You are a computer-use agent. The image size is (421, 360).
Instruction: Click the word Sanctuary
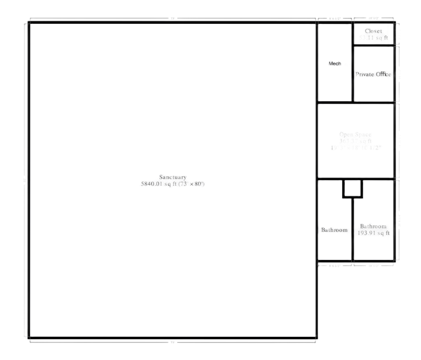173,177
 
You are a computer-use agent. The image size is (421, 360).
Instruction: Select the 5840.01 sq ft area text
159,184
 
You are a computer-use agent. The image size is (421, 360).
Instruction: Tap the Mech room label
334,63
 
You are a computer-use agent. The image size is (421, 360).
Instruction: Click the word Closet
373,31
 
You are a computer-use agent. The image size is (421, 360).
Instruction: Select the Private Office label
373,74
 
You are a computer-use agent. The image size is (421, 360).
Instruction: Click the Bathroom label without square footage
334,230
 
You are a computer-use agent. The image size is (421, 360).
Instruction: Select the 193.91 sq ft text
373,233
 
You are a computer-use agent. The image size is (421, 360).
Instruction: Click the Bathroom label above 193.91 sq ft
373,226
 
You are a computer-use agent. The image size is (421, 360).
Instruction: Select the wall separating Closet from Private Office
373,46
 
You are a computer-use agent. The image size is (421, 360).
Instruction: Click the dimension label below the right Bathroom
373,265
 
